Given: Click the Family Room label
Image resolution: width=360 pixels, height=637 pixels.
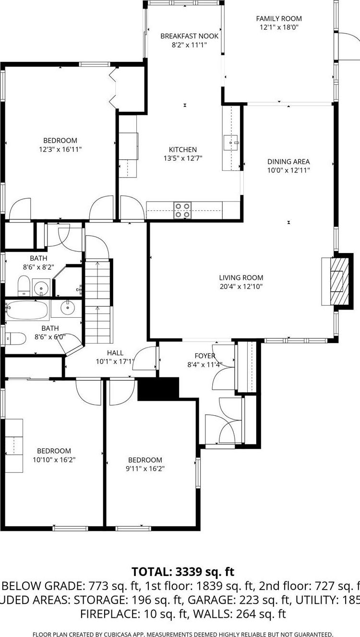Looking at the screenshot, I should click(x=278, y=19).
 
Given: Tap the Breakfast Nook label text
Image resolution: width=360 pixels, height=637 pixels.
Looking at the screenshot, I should click(x=189, y=36).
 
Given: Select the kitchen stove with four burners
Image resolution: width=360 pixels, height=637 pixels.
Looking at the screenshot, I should click(x=182, y=210).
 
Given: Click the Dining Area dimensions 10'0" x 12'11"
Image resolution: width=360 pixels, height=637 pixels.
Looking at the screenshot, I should click(x=288, y=170).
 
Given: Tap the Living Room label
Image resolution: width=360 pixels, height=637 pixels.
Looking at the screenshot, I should click(x=241, y=277).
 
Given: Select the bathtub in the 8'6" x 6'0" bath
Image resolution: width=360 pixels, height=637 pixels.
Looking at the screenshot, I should click(x=27, y=311).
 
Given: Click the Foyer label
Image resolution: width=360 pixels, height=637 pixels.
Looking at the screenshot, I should click(x=204, y=356).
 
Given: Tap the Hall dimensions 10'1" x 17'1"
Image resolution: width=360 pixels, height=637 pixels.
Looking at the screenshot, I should click(x=115, y=361).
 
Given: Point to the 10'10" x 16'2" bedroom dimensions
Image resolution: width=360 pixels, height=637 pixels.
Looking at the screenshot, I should click(x=54, y=459).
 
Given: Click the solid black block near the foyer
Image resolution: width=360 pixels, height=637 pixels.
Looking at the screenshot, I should click(x=158, y=388).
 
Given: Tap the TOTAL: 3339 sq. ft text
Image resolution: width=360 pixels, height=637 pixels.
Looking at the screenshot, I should click(x=182, y=572).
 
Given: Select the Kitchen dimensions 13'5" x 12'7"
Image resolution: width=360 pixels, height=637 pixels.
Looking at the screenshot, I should click(x=182, y=158).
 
